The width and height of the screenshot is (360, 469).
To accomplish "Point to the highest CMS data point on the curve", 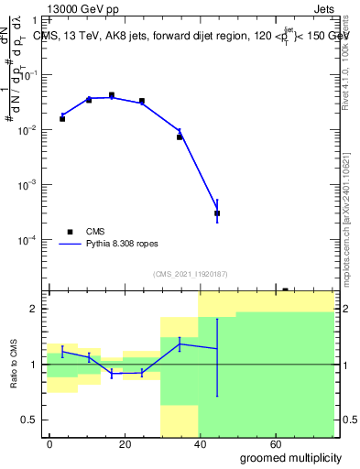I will (x=112, y=95).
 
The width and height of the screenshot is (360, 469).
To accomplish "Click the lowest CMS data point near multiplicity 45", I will (x=217, y=213).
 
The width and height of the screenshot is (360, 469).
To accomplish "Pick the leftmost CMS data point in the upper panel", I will (x=62, y=119).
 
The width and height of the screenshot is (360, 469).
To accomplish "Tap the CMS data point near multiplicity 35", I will (x=180, y=136).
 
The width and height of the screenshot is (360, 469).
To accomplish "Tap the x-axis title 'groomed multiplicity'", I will (x=290, y=457).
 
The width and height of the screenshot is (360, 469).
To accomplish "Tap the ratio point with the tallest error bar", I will (x=217, y=349).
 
